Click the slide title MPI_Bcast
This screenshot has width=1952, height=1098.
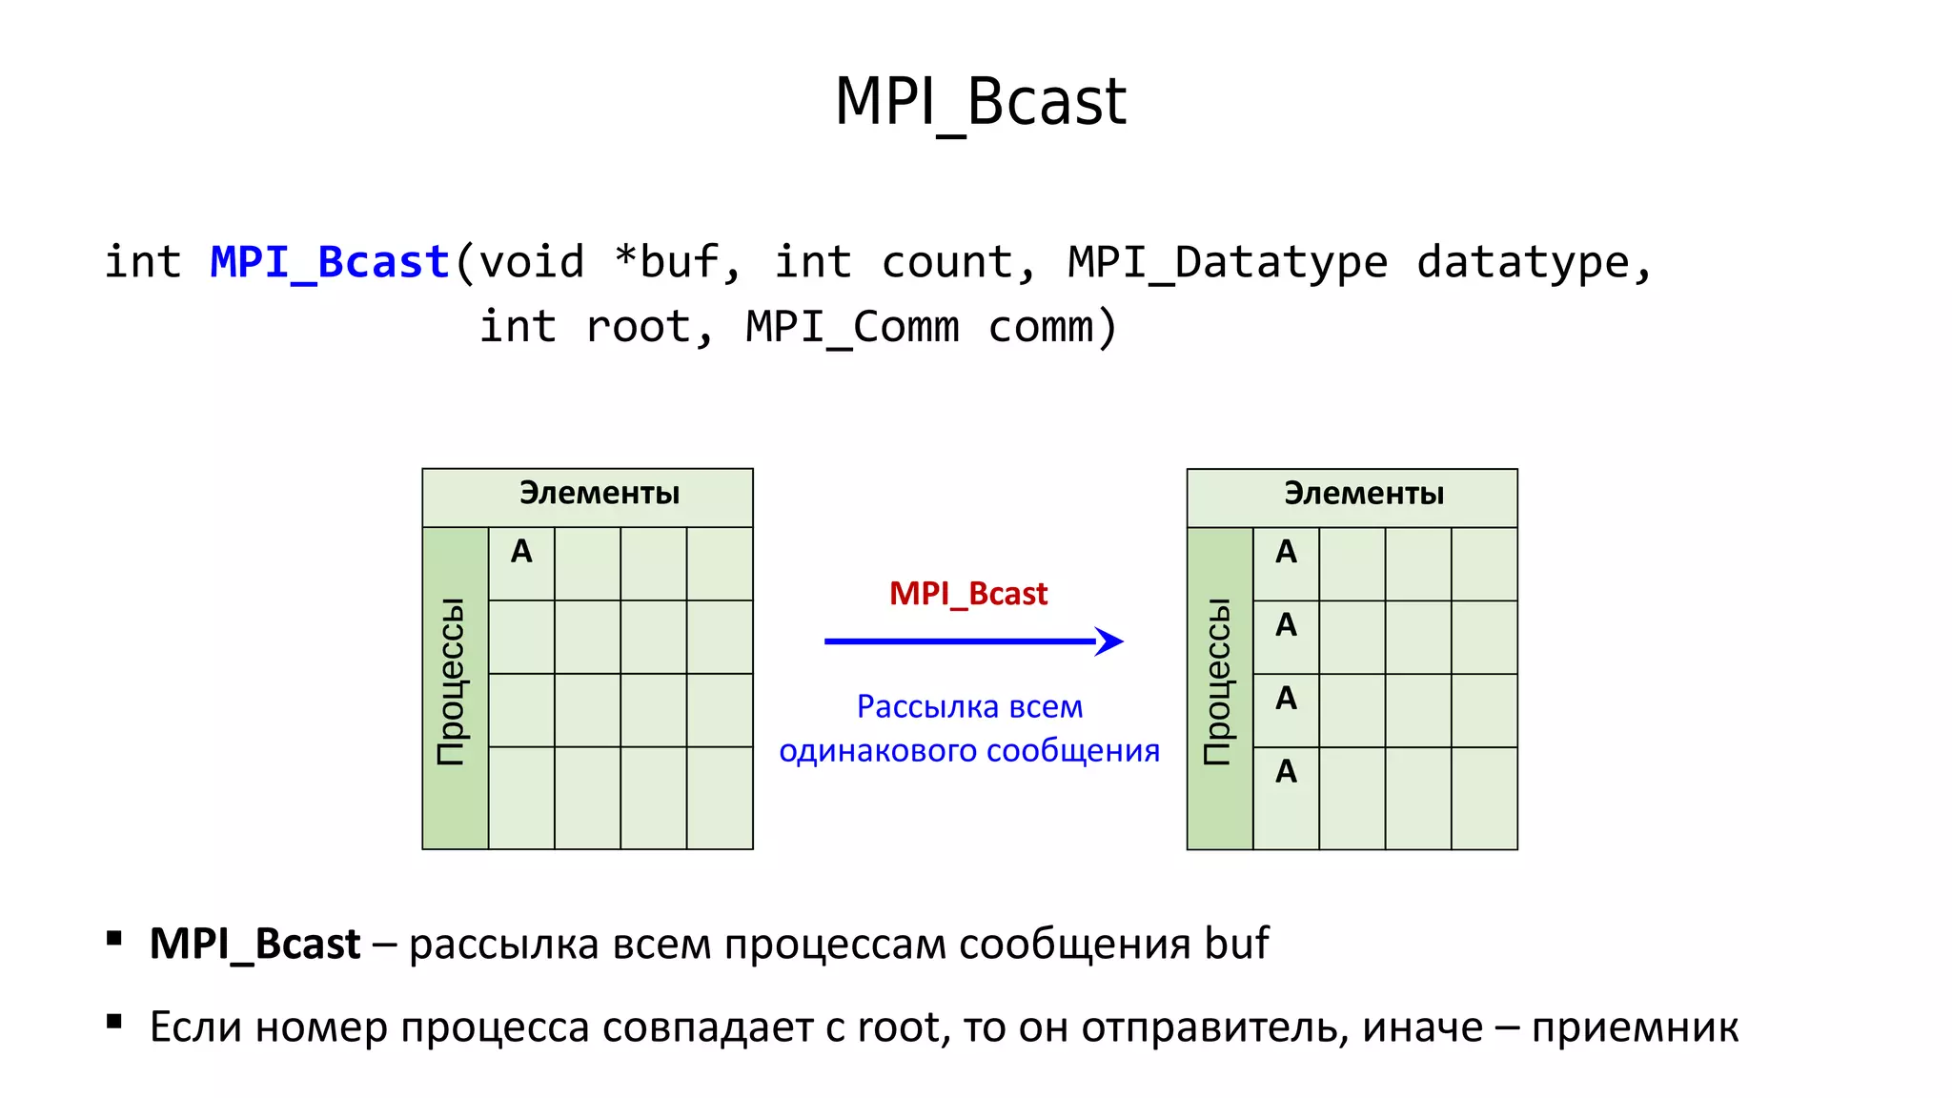tap(980, 102)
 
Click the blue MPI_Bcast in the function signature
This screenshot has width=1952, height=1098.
tap(330, 262)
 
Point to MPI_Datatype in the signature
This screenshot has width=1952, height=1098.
tap(1227, 262)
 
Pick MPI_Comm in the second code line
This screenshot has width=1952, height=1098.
tap(852, 327)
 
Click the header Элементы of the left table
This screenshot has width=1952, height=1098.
tap(599, 493)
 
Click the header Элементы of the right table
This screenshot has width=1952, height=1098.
tap(1363, 494)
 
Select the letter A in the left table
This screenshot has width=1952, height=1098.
tap(521, 552)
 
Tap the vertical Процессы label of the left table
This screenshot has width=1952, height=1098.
tap(451, 681)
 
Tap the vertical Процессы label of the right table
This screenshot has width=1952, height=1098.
tap(1217, 681)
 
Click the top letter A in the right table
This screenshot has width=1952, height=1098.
tap(1286, 552)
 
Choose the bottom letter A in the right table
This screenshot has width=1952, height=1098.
tap(1286, 771)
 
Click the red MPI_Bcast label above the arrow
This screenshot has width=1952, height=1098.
tap(967, 594)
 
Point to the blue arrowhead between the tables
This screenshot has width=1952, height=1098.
tap(1109, 641)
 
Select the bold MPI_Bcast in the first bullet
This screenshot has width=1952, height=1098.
tap(254, 944)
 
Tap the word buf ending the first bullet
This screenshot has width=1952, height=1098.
tap(1236, 944)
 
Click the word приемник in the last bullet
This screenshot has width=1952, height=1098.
tap(1635, 1027)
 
